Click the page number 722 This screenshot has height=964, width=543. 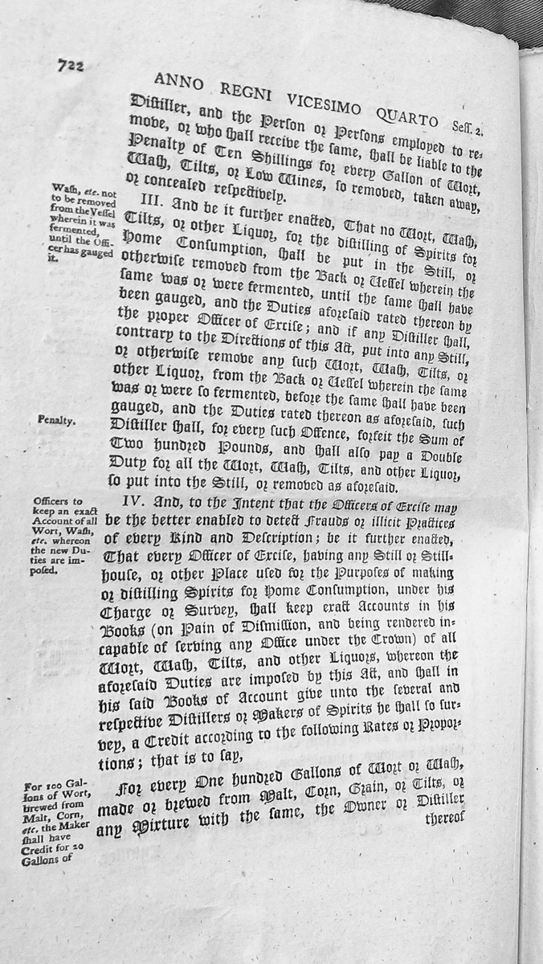tap(71, 67)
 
